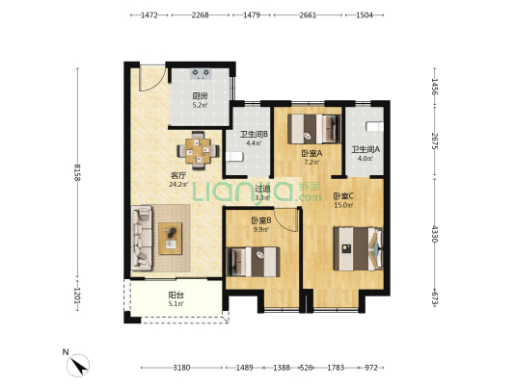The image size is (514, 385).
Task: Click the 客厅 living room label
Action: click(178, 175)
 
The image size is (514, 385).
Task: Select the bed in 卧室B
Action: click(255, 261)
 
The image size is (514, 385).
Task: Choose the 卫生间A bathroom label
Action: click(365, 149)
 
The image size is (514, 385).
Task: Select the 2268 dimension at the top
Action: click(200, 15)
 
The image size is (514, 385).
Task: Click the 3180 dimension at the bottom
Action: click(181, 368)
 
